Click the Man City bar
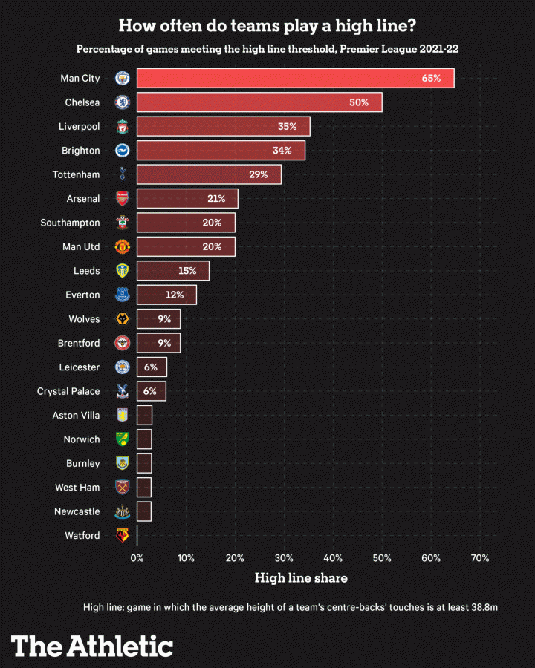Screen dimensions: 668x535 (x=295, y=78)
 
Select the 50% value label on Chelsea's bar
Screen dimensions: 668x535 (x=359, y=102)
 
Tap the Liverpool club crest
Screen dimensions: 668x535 (x=122, y=127)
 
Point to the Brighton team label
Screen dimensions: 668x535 (x=80, y=151)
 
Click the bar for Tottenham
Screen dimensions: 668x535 (x=209, y=174)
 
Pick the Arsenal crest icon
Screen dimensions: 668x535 (x=122, y=199)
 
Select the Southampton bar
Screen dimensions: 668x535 (x=186, y=223)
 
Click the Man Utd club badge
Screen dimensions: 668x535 (x=122, y=246)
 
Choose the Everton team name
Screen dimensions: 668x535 (x=82, y=295)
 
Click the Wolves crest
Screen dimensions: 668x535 (x=122, y=319)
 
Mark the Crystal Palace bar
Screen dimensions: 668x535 (x=152, y=391)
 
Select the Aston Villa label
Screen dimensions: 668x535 (x=76, y=415)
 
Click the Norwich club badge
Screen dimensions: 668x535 (x=122, y=439)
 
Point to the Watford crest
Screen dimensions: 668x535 (x=122, y=535)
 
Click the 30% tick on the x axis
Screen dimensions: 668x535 (x=284, y=558)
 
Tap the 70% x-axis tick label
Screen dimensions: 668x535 (x=479, y=558)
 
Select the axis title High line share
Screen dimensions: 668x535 (x=301, y=578)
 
